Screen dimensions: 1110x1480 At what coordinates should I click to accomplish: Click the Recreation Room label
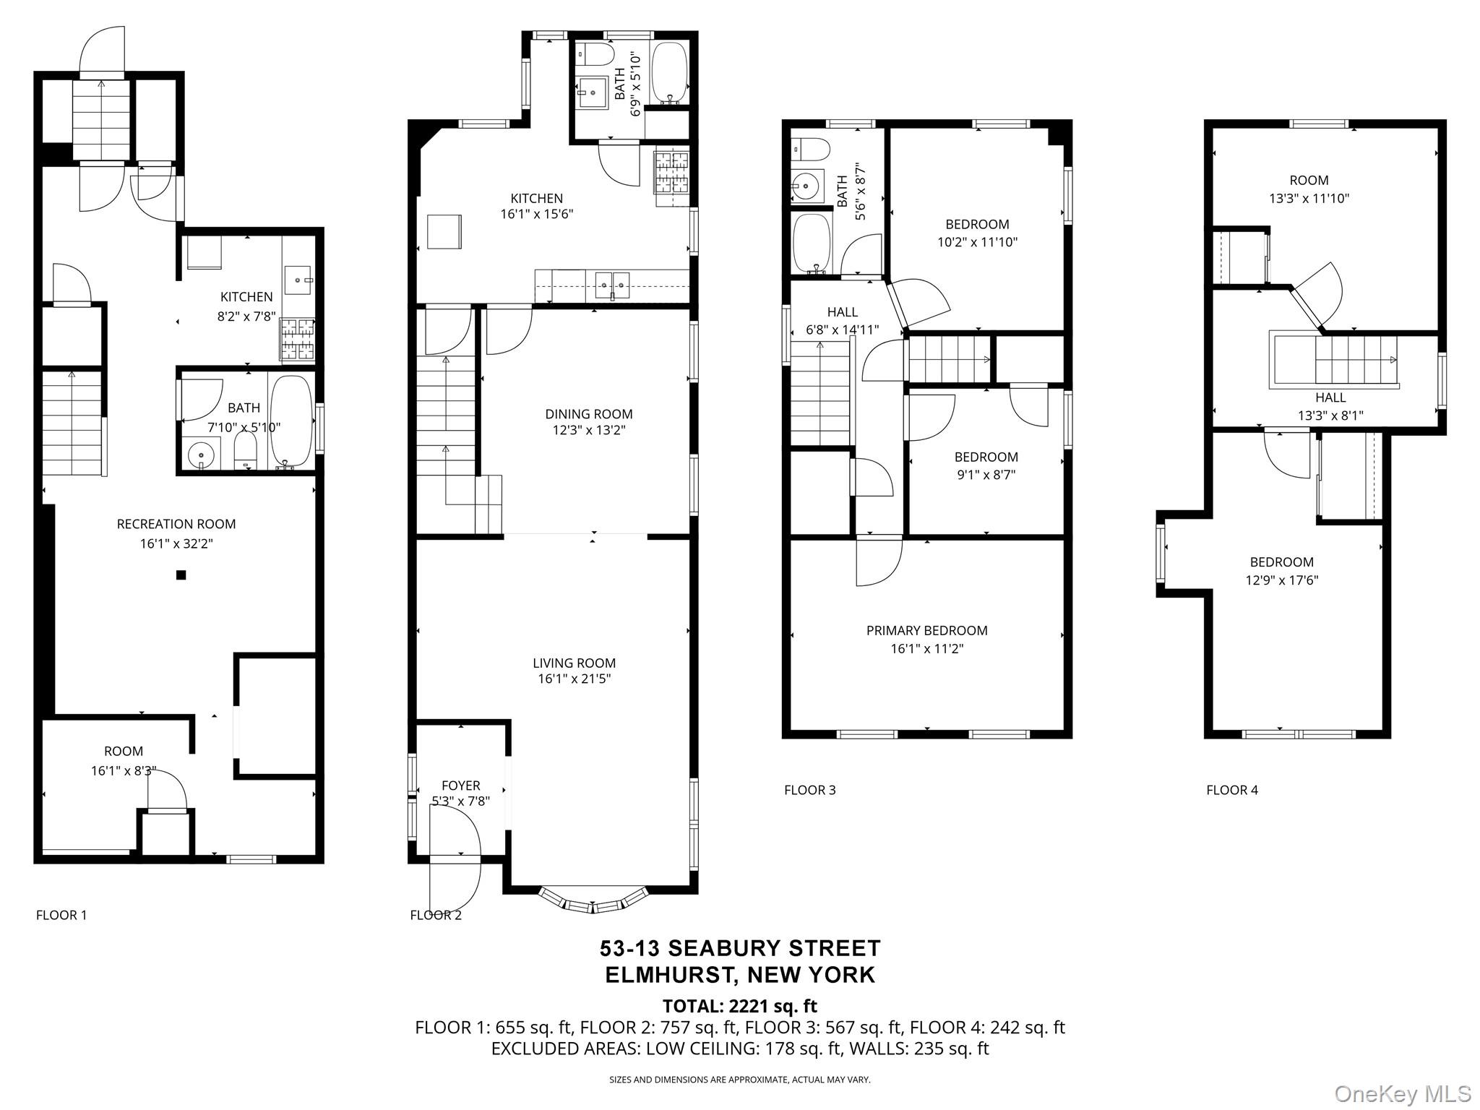point(176,524)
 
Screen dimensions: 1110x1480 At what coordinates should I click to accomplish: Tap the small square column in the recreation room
point(181,575)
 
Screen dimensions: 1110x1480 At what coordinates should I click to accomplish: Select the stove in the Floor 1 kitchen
point(298,340)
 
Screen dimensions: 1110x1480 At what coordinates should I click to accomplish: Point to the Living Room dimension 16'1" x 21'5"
point(575,679)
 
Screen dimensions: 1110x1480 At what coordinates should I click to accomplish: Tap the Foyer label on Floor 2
point(460,786)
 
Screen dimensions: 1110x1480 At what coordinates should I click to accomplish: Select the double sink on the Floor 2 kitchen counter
point(612,285)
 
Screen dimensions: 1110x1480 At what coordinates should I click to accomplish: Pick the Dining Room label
point(588,414)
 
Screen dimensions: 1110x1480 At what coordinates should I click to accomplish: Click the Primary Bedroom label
point(926,631)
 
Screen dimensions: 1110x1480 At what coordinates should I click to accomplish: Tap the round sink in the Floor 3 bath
point(806,186)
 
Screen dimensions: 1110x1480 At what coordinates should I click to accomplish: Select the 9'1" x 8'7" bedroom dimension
point(986,475)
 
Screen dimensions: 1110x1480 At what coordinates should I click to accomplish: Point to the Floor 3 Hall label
point(842,312)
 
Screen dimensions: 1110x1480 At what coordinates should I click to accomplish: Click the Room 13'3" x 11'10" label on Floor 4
point(1309,181)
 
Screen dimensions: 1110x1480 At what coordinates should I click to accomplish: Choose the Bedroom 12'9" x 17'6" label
point(1281,562)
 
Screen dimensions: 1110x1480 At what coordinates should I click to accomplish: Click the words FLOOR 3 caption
point(809,790)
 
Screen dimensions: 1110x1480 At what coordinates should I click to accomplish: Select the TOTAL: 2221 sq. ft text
point(739,1006)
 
